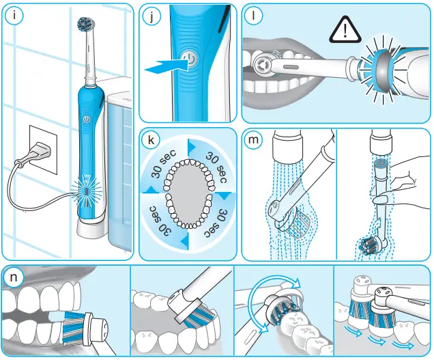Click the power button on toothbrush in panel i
click(x=87, y=119)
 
